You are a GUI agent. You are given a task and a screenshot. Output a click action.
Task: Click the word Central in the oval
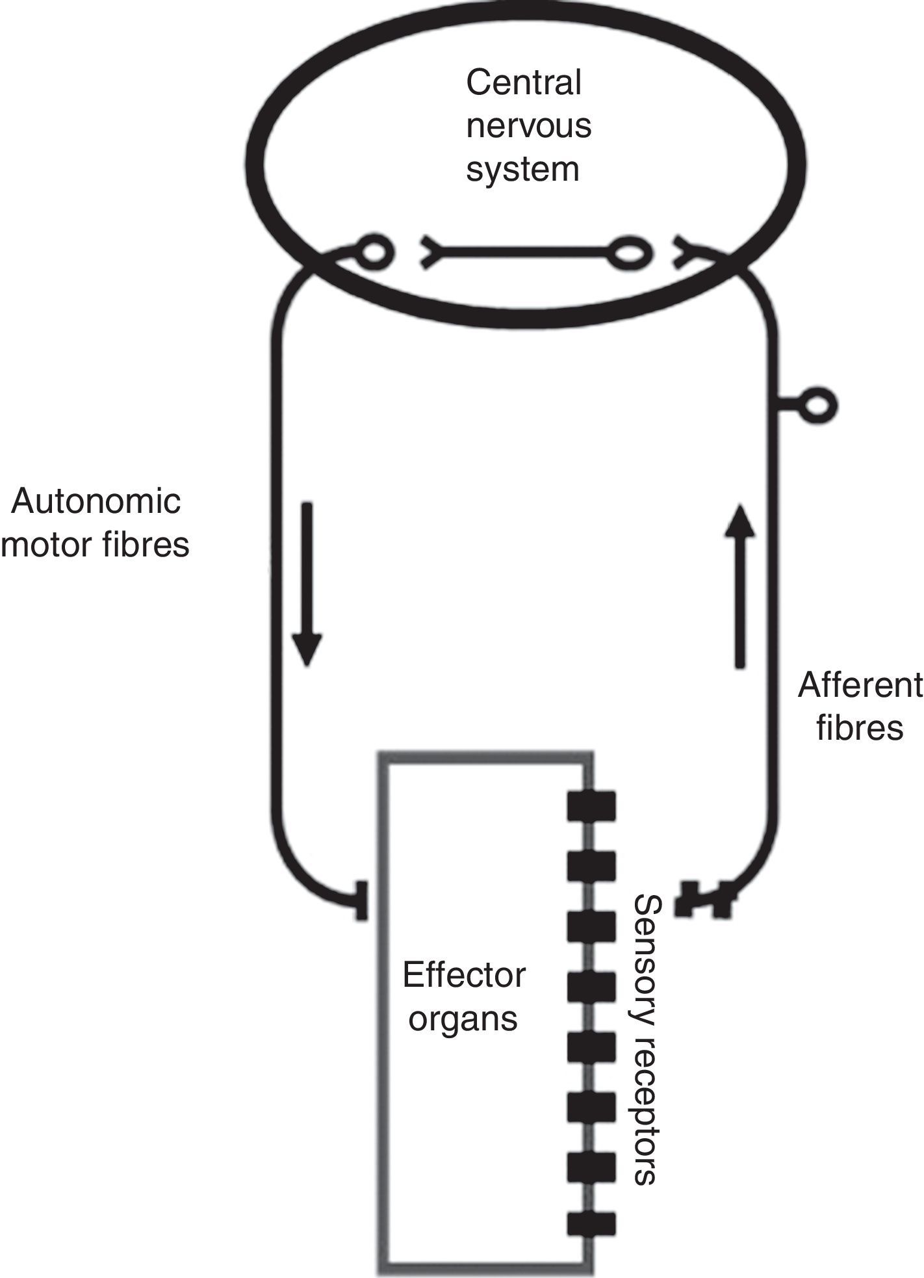[x=523, y=83]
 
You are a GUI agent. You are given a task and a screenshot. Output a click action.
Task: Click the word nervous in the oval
[x=528, y=125]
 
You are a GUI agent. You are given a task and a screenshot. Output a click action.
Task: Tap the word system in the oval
[x=522, y=168]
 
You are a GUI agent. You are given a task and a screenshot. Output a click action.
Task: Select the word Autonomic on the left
[x=96, y=501]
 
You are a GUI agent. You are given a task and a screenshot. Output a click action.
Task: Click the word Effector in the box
[x=463, y=975]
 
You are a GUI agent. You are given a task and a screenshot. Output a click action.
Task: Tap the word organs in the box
[x=463, y=1017]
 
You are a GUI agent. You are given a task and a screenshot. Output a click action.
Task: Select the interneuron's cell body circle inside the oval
[x=628, y=253]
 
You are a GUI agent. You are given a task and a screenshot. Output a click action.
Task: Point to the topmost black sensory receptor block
[x=591, y=806]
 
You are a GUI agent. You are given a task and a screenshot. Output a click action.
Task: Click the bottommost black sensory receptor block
[x=591, y=1223]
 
